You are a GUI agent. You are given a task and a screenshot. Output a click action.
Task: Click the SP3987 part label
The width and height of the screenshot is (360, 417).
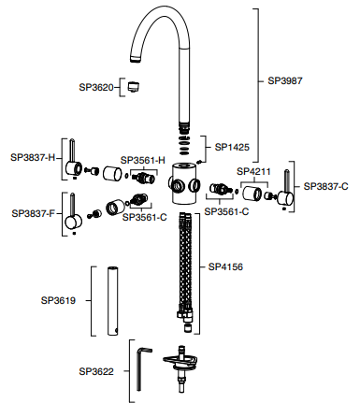click(x=285, y=80)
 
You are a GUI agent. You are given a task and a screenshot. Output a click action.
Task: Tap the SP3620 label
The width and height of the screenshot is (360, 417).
click(x=96, y=87)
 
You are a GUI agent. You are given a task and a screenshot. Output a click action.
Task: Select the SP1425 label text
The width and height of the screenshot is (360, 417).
click(x=232, y=147)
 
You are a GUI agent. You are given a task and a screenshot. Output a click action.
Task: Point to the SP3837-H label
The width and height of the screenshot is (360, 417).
click(x=33, y=157)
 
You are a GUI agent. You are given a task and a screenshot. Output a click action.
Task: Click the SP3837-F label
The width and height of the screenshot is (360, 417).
click(x=34, y=213)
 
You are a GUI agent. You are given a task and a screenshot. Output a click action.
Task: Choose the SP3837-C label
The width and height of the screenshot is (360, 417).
click(x=326, y=186)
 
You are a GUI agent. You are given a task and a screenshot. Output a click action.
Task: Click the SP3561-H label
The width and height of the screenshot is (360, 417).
click(x=143, y=161)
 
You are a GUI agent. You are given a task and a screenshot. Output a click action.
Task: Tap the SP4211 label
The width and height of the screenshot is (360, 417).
click(x=253, y=171)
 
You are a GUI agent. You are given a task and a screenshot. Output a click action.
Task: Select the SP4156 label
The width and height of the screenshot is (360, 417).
click(x=225, y=266)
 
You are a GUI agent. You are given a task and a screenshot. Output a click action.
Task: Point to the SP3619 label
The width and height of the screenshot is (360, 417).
click(x=58, y=300)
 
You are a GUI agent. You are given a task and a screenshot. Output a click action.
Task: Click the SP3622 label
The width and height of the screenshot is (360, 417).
click(x=96, y=371)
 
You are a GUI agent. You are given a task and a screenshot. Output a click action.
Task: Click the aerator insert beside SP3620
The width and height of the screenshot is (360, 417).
click(x=134, y=87)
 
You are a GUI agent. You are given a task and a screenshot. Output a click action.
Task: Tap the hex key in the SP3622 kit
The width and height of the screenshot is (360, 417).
click(x=143, y=368)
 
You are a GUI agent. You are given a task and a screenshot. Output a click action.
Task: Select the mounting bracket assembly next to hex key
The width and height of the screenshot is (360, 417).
click(x=180, y=367)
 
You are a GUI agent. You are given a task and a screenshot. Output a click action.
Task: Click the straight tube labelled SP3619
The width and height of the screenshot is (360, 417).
click(x=113, y=301)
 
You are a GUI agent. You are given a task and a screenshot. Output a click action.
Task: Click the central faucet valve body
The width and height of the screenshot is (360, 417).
click(x=184, y=183)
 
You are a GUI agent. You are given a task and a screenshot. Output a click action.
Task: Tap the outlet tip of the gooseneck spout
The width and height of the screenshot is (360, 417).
click(x=135, y=59)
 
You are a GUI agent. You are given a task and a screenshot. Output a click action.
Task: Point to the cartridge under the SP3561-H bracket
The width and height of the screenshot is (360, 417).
click(x=143, y=179)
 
